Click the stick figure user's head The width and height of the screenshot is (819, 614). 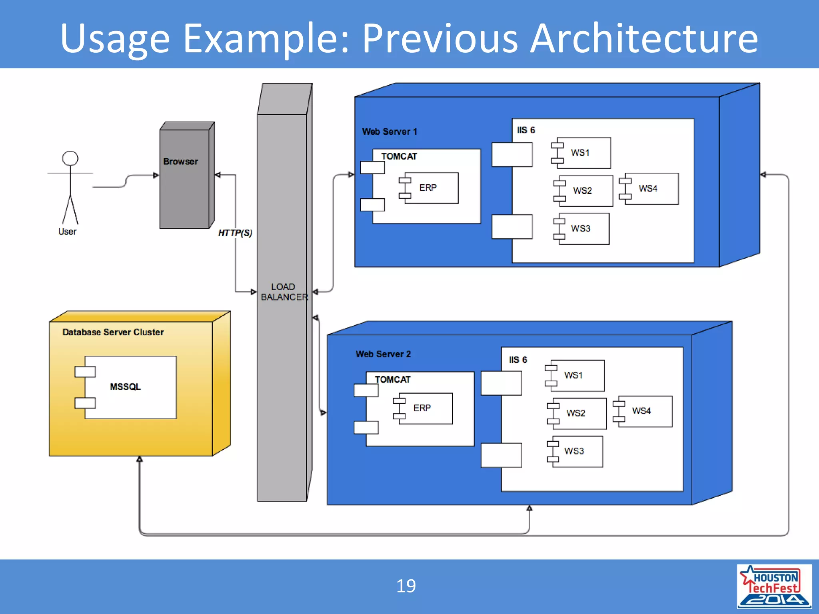tap(70, 158)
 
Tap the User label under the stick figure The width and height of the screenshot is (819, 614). tap(67, 231)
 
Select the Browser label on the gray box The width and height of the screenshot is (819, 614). tap(180, 161)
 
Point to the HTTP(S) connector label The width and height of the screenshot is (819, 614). tap(235, 233)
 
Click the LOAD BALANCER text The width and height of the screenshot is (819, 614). tap(284, 292)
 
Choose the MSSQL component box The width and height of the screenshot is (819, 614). tap(130, 387)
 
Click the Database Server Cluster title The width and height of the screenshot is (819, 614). tap(113, 332)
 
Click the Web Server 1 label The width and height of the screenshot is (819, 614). tap(390, 132)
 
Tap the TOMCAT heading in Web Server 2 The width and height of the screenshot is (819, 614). tap(392, 379)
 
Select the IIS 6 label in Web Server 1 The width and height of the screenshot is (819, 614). tap(525, 130)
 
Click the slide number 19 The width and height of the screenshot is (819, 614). tap(406, 586)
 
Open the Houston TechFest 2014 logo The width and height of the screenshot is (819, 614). tap(774, 586)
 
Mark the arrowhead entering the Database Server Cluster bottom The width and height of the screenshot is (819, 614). tap(140, 459)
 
